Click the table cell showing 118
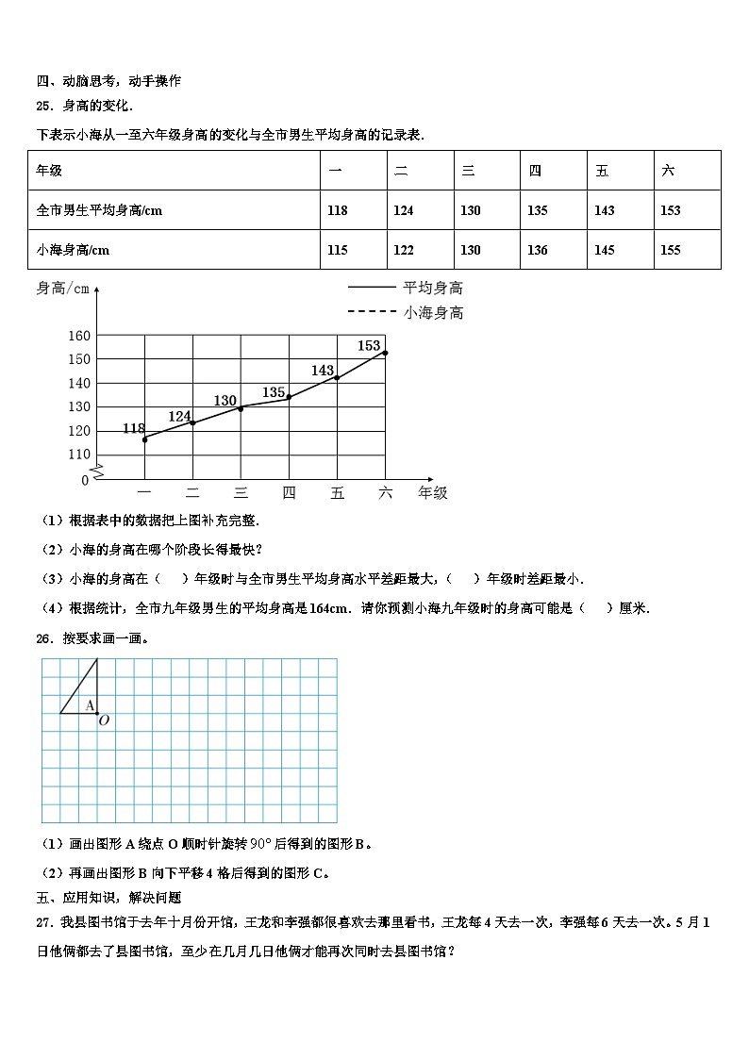pyautogui.click(x=337, y=210)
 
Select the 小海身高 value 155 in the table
pyautogui.click(x=670, y=250)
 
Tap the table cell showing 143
pyautogui.click(x=604, y=210)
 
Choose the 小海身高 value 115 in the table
pyautogui.click(x=337, y=250)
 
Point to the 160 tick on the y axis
pyautogui.click(x=79, y=336)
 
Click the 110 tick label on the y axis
pyautogui.click(x=79, y=455)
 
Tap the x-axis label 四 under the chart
pyautogui.click(x=289, y=492)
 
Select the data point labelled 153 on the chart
pyautogui.click(x=385, y=353)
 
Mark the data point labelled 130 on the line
pyautogui.click(x=241, y=408)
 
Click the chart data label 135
pyautogui.click(x=274, y=392)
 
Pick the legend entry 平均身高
pyautogui.click(x=433, y=288)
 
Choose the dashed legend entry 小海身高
pyautogui.click(x=433, y=312)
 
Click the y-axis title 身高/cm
pyautogui.click(x=62, y=289)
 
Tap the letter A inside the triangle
pyautogui.click(x=90, y=704)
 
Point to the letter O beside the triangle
pyautogui.click(x=104, y=720)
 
